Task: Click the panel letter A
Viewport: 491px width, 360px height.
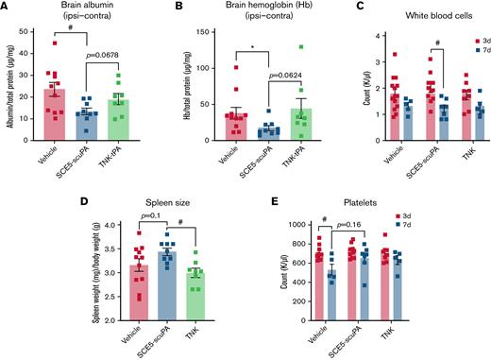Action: click(x=6, y=7)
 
